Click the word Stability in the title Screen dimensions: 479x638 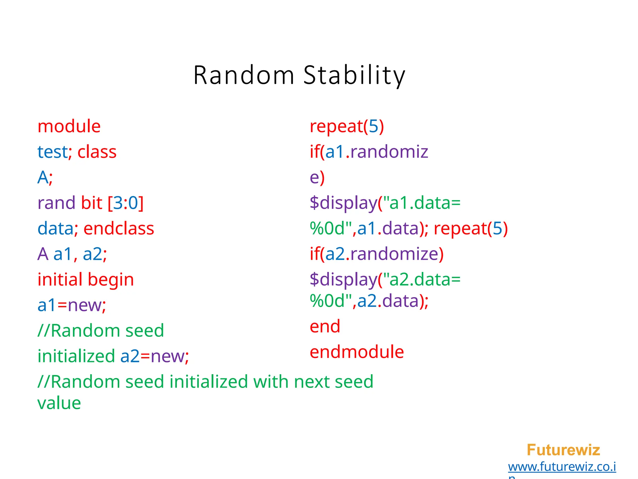pos(354,75)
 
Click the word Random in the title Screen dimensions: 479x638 pos(244,75)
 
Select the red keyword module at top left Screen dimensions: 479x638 pos(69,126)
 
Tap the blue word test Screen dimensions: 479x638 pos(52,152)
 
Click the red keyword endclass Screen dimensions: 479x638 pos(119,229)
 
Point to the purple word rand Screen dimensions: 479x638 pos(56,203)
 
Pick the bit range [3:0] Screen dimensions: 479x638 pos(126,203)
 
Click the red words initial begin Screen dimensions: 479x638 pos(86,279)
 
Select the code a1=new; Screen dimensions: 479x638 pos(72,305)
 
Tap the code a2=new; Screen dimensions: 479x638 pos(155,356)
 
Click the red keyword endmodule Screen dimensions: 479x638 pos(357,352)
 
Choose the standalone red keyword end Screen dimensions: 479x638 pos(325,327)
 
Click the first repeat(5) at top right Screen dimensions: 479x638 pos(347,126)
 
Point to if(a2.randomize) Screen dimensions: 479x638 pos(376,254)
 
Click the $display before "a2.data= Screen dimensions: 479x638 pos(343,279)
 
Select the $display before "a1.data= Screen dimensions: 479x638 pos(343,203)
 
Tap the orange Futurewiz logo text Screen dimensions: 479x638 pos(563,450)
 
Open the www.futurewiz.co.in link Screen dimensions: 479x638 pos(562,467)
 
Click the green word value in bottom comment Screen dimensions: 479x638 pos(59,403)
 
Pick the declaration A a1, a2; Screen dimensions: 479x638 pos(72,254)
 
